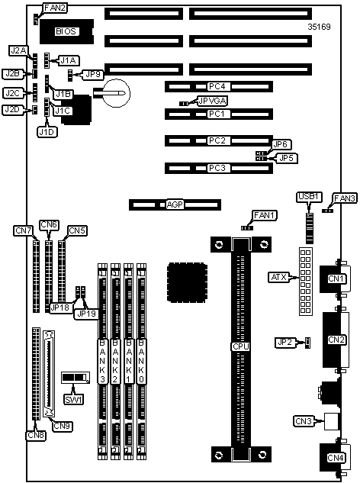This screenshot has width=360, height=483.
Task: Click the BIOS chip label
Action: click(66, 31)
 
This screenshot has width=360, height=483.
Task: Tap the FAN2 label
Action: click(55, 8)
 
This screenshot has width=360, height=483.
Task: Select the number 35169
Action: click(319, 27)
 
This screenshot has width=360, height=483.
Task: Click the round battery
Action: click(117, 93)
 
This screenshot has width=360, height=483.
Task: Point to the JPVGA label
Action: click(213, 101)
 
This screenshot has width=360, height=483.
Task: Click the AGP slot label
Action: click(175, 204)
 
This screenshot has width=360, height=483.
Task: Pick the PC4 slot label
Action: click(217, 86)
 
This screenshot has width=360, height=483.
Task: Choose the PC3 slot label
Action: click(217, 168)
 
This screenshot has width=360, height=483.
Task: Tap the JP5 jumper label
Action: click(286, 158)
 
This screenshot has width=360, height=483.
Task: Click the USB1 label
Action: click(309, 197)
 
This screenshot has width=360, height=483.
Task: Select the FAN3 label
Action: click(345, 198)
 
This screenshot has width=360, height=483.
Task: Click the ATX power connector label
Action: click(278, 277)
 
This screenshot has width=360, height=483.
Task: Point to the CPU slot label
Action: click(241, 346)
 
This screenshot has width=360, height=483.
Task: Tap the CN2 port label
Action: click(336, 340)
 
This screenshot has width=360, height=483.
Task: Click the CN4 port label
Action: click(336, 458)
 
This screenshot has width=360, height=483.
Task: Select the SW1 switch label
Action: click(74, 400)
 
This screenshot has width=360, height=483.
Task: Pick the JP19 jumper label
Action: click(86, 314)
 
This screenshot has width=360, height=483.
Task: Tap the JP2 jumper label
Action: click(284, 342)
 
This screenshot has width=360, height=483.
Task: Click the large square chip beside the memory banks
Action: click(187, 282)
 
